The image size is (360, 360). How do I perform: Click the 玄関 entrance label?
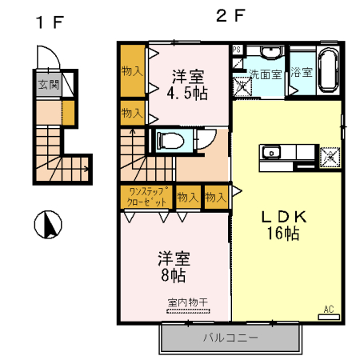click(44, 82)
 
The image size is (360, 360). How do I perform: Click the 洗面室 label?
click(264, 74)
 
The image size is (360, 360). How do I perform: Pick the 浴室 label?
click(301, 73)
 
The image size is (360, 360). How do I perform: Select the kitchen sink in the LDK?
click(269, 151)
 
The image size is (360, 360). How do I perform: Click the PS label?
click(237, 50)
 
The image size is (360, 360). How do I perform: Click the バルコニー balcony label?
click(230, 337)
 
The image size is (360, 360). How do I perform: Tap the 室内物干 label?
click(187, 302)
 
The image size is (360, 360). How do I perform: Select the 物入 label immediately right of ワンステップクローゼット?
click(187, 196)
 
